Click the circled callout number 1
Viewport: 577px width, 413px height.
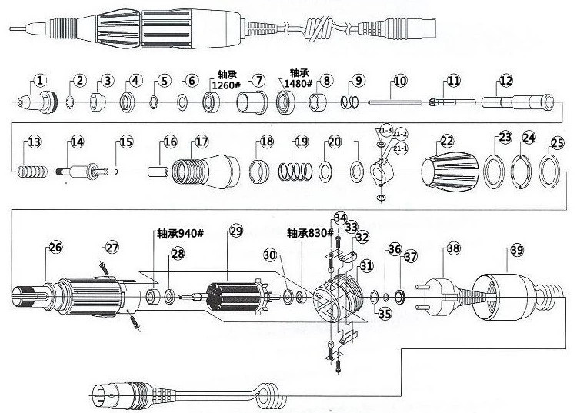pos(40,79)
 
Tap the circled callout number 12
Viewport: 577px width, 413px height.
pos(505,80)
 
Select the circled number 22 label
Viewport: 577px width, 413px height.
pos(447,141)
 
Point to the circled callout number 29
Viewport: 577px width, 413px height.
pos(235,231)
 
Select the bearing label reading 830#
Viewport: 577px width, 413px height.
pos(310,231)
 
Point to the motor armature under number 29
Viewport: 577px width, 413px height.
pos(235,297)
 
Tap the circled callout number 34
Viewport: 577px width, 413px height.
pos(339,218)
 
